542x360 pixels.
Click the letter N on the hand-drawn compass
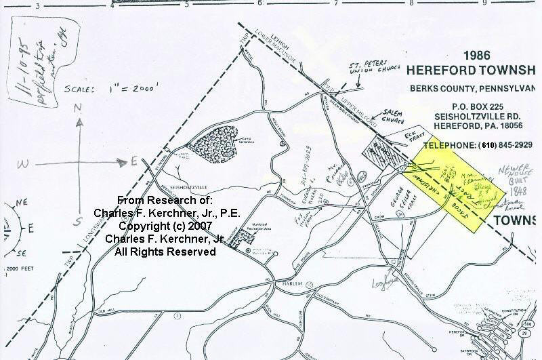78,108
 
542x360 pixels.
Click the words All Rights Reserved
165,252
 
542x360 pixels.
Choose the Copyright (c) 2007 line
165,226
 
